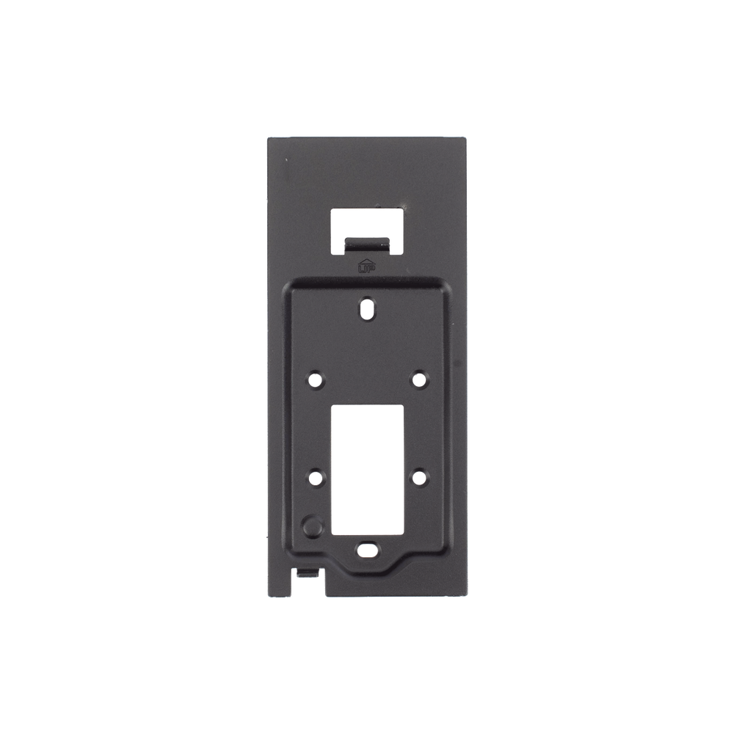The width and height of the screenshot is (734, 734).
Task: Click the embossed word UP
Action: click(x=366, y=269)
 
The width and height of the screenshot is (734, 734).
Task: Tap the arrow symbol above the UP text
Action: click(x=366, y=261)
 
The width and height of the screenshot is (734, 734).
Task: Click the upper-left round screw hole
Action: click(x=316, y=379)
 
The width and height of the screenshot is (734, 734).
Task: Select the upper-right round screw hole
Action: click(x=420, y=379)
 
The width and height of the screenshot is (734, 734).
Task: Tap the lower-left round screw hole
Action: click(x=316, y=478)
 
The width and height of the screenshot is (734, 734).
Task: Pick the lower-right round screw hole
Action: click(x=420, y=478)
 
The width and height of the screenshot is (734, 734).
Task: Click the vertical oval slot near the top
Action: click(x=368, y=309)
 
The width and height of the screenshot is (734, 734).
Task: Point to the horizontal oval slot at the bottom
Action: click(x=368, y=550)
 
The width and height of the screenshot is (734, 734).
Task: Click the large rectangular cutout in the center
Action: click(x=368, y=470)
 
